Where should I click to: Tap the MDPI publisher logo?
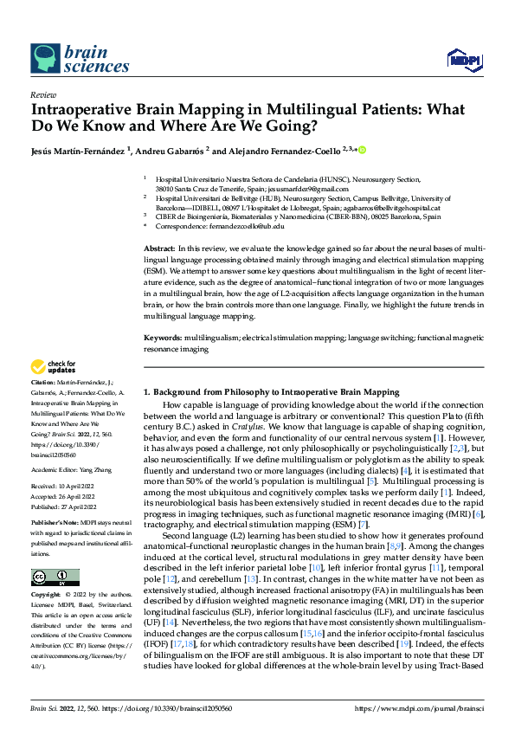tap(463, 59)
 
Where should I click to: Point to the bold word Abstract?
tap(160, 248)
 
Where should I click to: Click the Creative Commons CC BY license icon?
tap(55, 577)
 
